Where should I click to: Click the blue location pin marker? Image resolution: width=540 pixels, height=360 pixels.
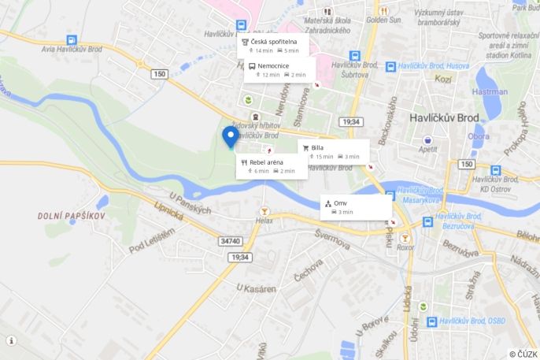(x=231, y=136)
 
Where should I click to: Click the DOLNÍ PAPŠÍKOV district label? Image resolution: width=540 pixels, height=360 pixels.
(x=72, y=215)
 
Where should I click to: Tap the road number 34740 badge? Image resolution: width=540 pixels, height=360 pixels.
(x=231, y=241)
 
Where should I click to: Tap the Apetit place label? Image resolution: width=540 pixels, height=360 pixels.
(x=428, y=148)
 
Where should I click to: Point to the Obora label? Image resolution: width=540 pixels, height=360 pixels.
(x=479, y=135)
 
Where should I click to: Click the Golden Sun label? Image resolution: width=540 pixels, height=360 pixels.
(x=383, y=20)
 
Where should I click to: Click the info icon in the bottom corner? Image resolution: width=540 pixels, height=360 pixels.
(x=11, y=340)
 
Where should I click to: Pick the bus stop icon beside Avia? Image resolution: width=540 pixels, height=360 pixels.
(x=72, y=40)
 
